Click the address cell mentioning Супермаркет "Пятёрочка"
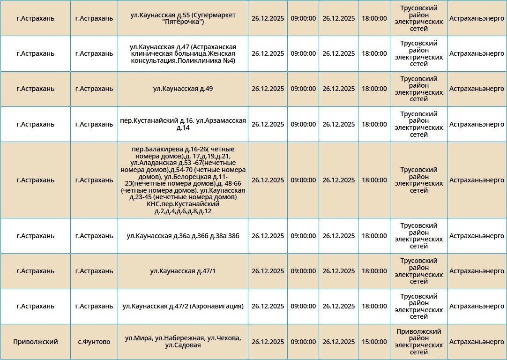click(183, 18)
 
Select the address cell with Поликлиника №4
click(183, 53)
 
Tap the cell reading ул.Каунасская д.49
click(183, 89)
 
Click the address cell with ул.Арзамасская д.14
click(183, 124)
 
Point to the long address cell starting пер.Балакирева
click(183, 180)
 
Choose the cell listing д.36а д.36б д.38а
click(183, 236)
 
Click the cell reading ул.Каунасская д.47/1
click(183, 271)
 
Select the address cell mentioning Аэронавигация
click(183, 306)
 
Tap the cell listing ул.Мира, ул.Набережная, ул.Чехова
click(183, 342)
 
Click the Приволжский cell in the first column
click(36, 342)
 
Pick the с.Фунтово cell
click(94, 342)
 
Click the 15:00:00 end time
click(374, 342)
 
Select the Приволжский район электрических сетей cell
click(418, 342)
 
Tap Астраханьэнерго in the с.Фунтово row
click(477, 342)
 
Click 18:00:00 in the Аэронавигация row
click(374, 306)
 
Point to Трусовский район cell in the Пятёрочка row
click(418, 18)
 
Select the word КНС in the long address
click(153, 204)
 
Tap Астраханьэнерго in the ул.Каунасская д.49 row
click(477, 89)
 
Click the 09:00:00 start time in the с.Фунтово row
click(303, 342)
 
